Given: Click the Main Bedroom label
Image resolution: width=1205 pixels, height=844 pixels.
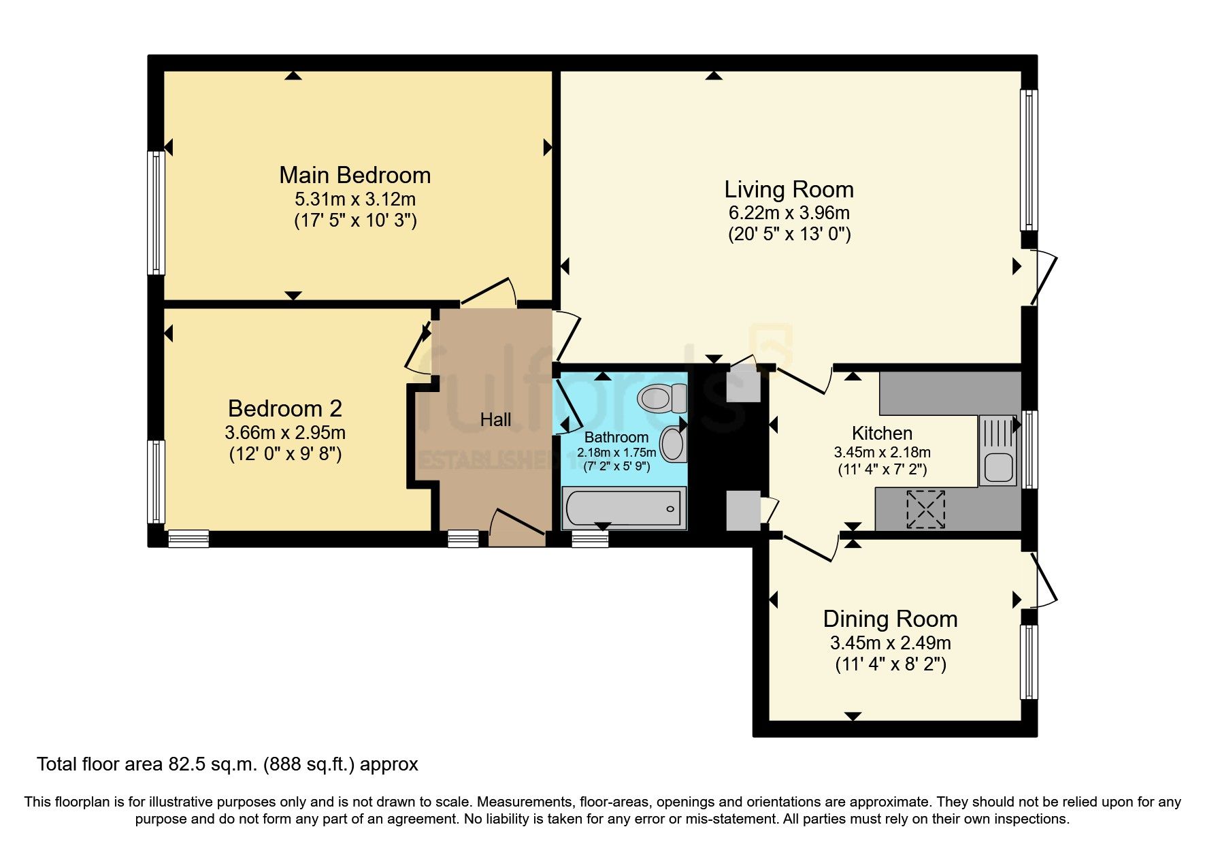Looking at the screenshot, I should pos(354,175).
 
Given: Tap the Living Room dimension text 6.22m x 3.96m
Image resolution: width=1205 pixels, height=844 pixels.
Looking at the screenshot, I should pos(789,212).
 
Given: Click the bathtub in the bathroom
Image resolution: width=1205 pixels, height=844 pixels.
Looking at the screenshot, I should pos(623,509).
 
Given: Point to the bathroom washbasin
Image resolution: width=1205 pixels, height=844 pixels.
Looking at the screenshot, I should pos(673,444).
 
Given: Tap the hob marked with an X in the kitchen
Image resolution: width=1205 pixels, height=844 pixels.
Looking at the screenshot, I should pos(926,509).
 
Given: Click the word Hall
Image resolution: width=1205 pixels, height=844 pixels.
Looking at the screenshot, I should pos(495,419).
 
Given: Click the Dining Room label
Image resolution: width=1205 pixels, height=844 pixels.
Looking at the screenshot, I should pos(890,619).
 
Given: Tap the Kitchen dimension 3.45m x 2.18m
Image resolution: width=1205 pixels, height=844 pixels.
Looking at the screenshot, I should pos(882,452).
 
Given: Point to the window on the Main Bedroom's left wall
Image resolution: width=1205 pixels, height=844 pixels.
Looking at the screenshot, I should pos(156,212).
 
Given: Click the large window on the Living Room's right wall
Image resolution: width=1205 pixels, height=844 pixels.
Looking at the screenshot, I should pos(1030,161).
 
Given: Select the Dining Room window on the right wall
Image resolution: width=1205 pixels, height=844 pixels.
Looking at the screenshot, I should pos(1030,662).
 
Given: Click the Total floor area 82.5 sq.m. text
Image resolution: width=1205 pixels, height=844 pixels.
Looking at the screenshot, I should pos(227,764).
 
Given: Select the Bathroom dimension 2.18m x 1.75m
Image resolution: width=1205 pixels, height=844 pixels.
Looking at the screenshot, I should pos(616,453).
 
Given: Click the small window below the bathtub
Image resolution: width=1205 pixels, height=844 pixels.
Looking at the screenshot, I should pos(590,540).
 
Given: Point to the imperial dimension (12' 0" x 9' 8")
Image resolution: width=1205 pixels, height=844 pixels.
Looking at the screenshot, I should pos(285,453).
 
